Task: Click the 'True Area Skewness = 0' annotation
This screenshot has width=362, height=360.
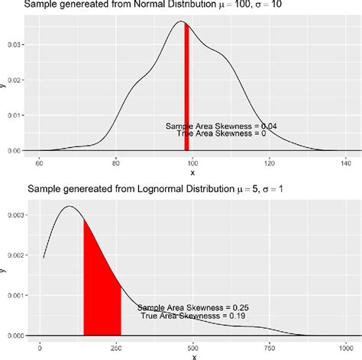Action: click(x=221, y=133)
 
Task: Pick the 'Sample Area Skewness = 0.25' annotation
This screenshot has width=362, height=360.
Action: click(x=193, y=307)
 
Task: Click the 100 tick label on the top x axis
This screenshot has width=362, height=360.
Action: click(x=192, y=162)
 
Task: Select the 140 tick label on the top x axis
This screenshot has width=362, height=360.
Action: click(x=345, y=162)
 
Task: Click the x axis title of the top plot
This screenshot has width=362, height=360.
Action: click(x=192, y=172)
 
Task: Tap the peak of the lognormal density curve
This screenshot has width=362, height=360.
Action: click(x=69, y=207)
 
